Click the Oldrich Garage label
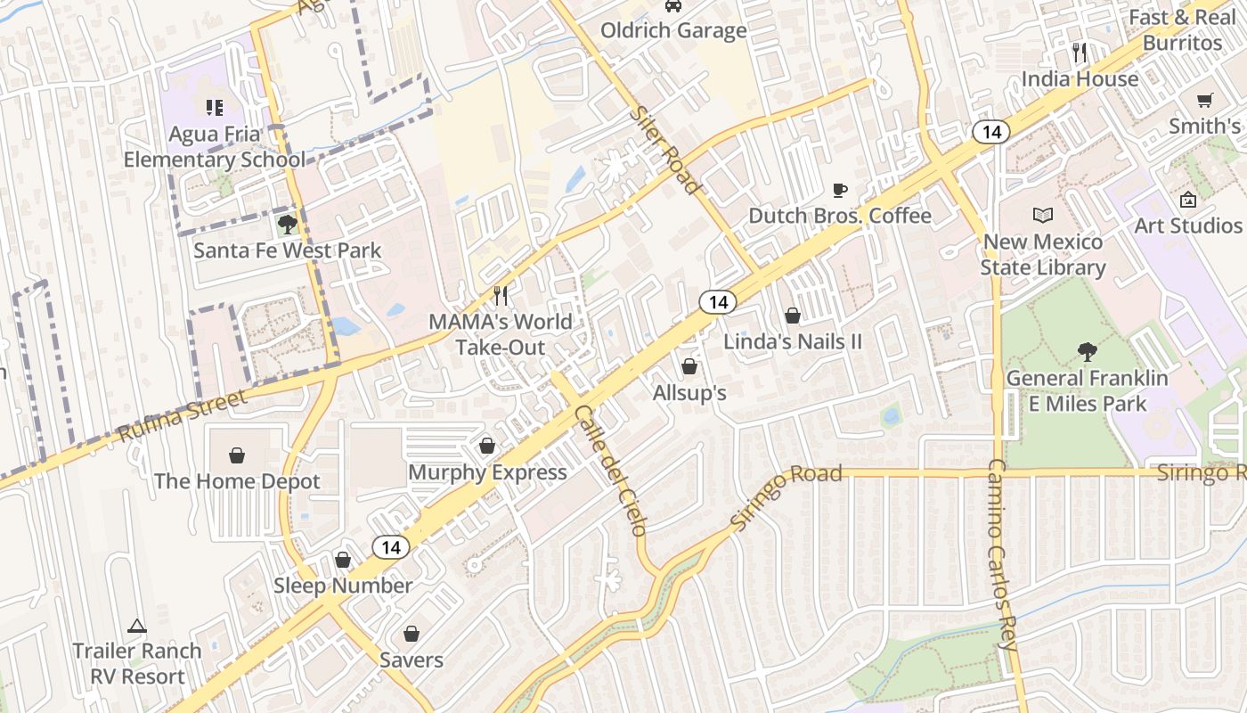click(673, 30)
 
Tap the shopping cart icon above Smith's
click(1205, 100)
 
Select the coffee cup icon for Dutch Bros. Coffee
click(839, 189)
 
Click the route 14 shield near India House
click(990, 132)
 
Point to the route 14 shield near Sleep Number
click(390, 546)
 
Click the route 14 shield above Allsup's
click(717, 302)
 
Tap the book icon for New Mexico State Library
click(1042, 215)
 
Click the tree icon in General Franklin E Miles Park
click(1086, 352)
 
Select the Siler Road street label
click(664, 150)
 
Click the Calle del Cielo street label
click(611, 470)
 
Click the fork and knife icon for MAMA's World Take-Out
click(501, 295)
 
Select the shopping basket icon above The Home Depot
click(237, 455)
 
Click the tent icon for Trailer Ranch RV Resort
click(136, 626)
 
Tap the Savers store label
click(411, 660)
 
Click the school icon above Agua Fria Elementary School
click(214, 108)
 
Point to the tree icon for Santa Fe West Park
click(287, 224)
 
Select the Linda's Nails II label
click(792, 341)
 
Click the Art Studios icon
click(1187, 200)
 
